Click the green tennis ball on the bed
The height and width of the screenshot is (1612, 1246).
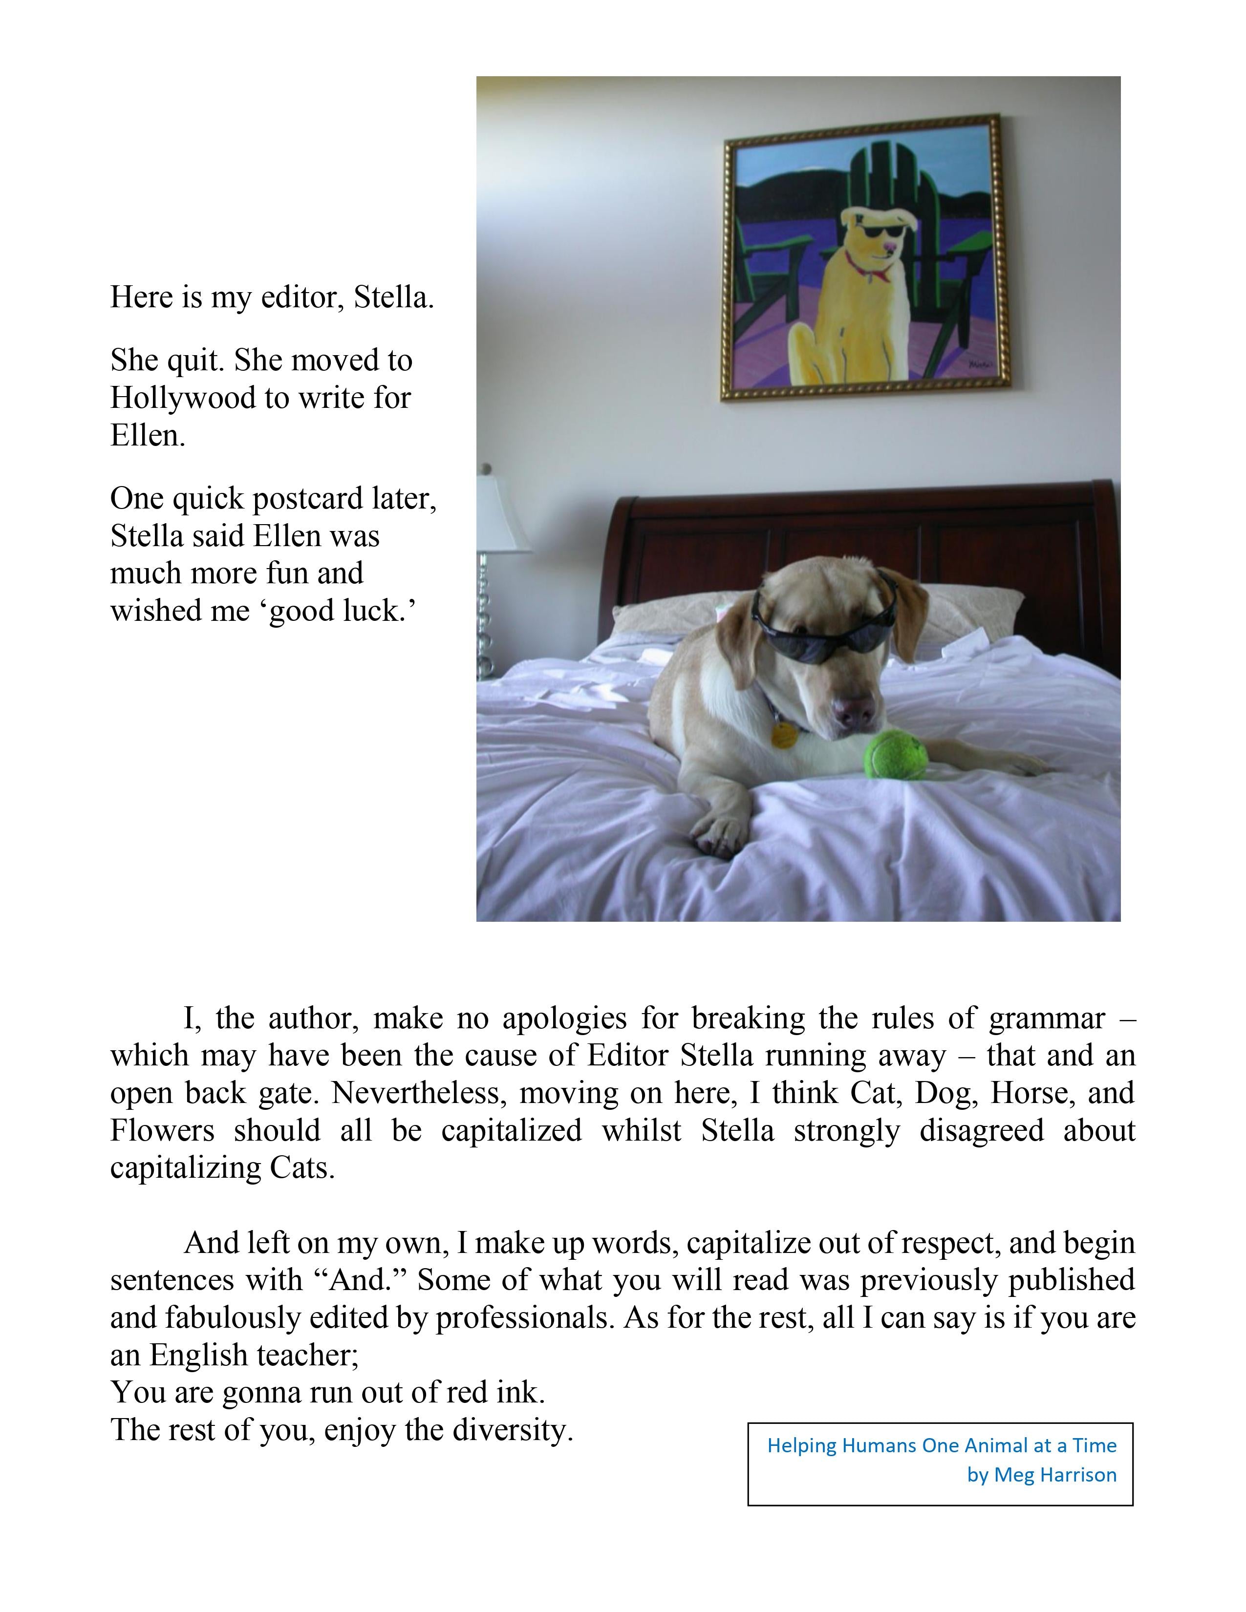click(x=895, y=754)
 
